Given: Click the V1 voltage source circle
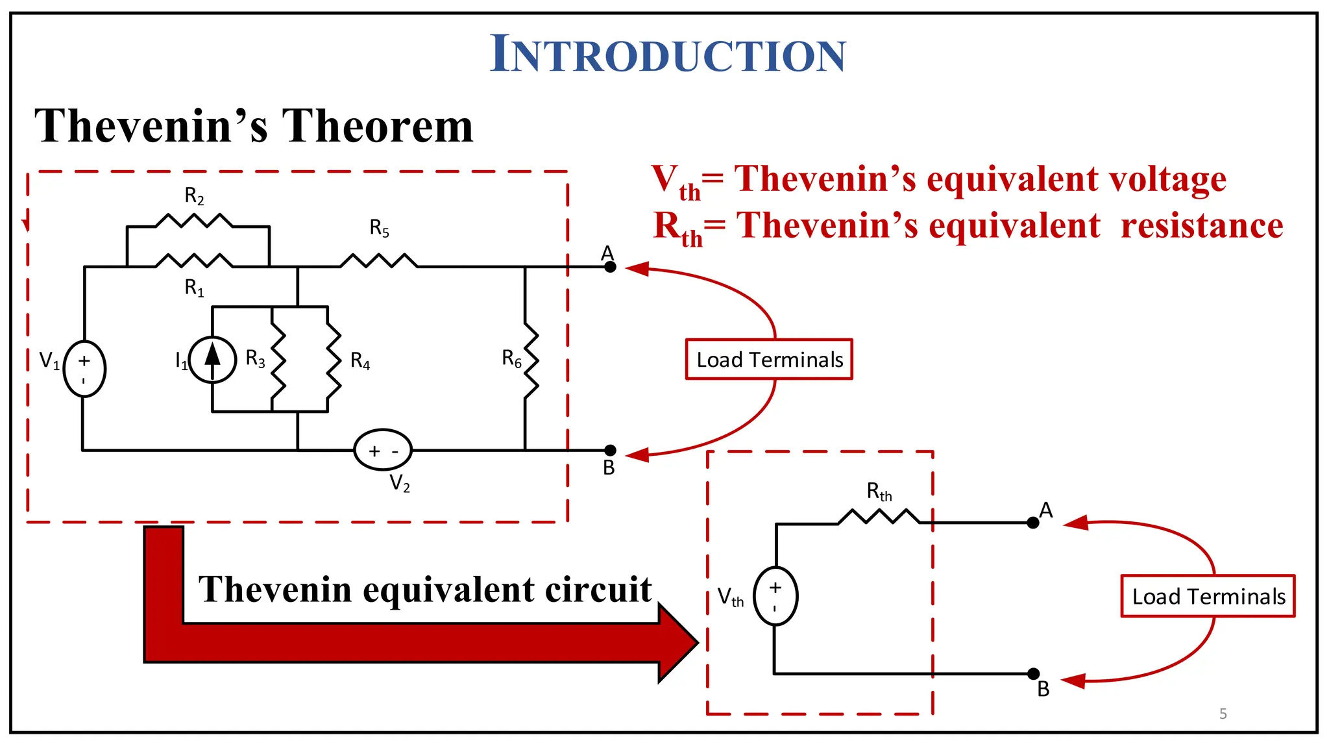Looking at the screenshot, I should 84,369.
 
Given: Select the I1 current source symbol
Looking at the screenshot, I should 212,360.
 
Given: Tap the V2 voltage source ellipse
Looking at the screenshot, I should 383,450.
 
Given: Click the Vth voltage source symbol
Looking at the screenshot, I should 775,596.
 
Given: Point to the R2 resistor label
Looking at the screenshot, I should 194,195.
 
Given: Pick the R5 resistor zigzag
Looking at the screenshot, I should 379,261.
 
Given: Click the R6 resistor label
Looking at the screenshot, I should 511,358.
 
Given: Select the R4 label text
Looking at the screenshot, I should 360,361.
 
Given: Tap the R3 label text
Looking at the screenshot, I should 255,358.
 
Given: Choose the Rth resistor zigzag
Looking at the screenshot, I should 879,517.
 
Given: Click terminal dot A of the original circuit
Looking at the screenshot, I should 610,266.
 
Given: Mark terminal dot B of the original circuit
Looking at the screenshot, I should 610,450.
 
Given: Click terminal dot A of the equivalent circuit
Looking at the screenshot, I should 1033,523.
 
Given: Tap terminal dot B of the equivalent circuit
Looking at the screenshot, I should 1034,674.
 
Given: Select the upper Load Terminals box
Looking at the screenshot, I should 769,359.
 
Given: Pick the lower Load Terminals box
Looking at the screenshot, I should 1208,596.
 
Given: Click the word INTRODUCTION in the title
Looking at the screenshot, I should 668,54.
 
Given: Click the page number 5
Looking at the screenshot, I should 1223,714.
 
